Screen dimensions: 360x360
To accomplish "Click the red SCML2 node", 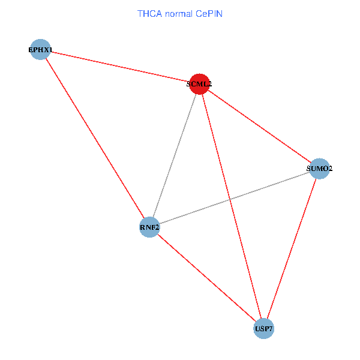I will pyautogui.click(x=199, y=85).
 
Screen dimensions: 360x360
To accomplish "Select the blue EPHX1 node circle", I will pyautogui.click(x=41, y=49).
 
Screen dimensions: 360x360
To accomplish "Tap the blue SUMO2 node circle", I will pyautogui.click(x=319, y=169).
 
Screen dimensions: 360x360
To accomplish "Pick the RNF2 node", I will pyautogui.click(x=149, y=227).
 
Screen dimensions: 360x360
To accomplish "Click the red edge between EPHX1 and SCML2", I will pyautogui.click(x=120, y=67).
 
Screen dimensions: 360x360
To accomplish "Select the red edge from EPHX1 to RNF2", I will pyautogui.click(x=95, y=138).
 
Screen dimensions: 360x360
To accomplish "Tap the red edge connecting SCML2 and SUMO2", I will pyautogui.click(x=259, y=127).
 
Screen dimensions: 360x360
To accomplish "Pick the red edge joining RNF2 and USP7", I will pyautogui.click(x=207, y=278).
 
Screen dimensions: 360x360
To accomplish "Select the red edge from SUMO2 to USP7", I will pyautogui.click(x=292, y=248).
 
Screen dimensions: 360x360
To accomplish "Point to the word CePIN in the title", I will pyautogui.click(x=209, y=13).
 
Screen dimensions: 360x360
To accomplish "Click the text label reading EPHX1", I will pyautogui.click(x=41, y=49).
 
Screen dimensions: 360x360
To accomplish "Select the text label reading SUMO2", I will pyautogui.click(x=319, y=169).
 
